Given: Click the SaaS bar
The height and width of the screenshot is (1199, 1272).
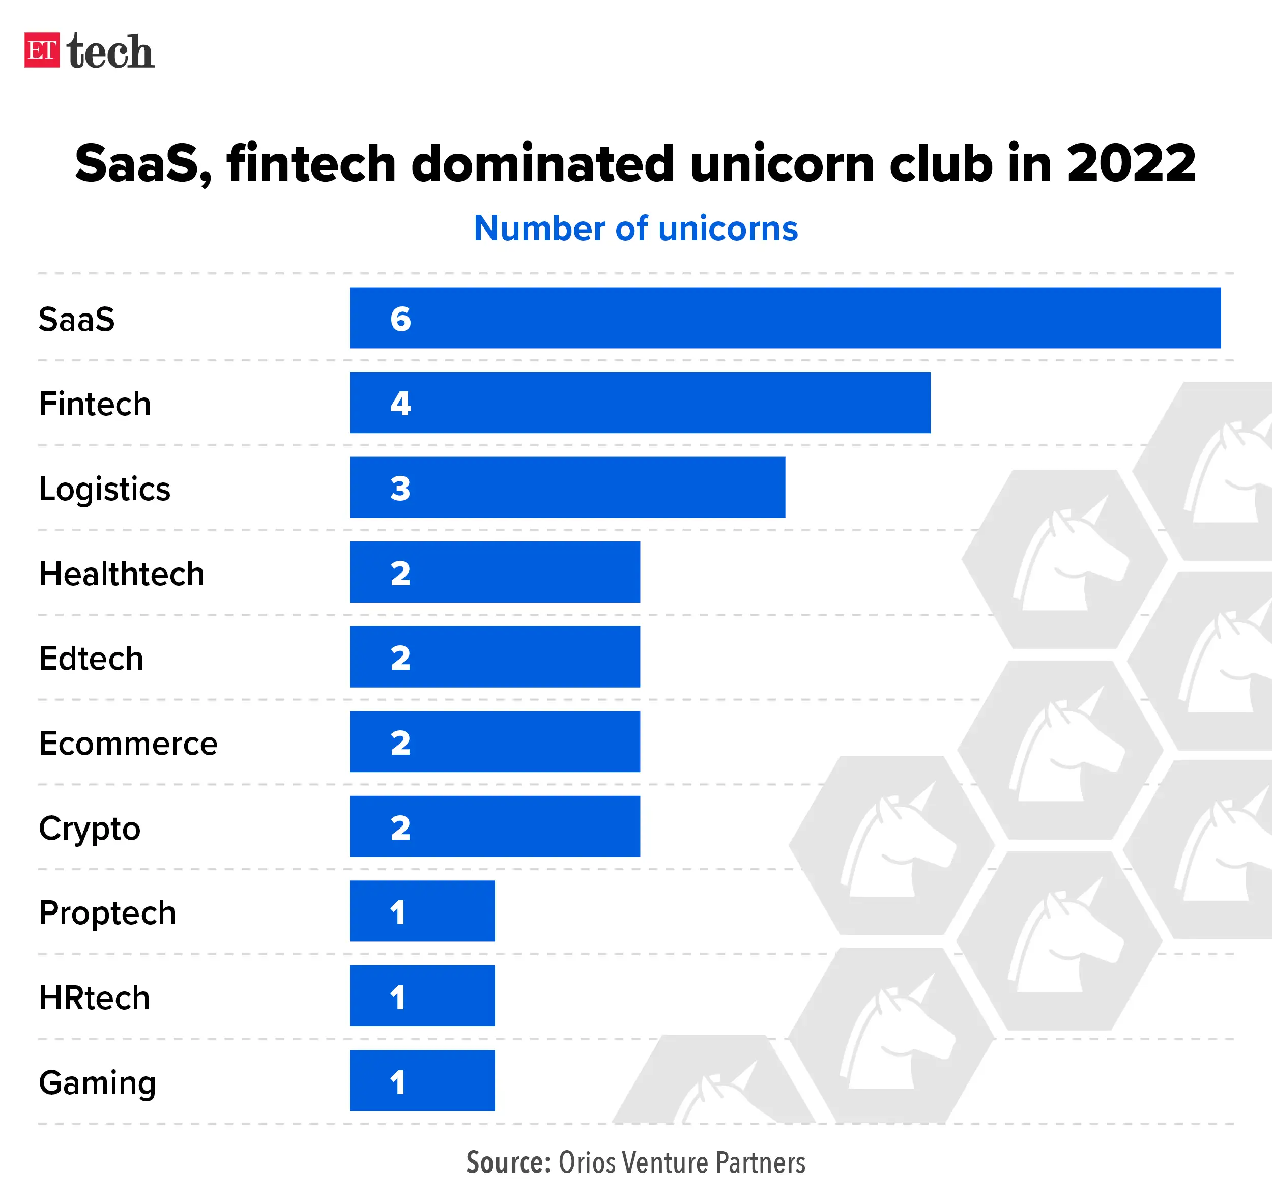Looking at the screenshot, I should click(785, 318).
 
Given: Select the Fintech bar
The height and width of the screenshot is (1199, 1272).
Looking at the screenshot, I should click(640, 402).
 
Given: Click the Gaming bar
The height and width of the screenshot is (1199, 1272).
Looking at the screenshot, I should click(422, 1080).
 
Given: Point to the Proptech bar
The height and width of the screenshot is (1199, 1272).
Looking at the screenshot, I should click(422, 911).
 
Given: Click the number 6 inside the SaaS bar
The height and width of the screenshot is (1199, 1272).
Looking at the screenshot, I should click(400, 318).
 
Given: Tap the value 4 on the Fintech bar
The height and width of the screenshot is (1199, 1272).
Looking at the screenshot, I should click(400, 403).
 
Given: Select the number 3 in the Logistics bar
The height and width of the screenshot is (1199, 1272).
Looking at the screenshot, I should click(400, 489).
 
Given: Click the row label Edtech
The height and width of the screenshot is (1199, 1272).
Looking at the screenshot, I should click(91, 658).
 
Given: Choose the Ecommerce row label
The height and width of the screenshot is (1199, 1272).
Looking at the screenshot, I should click(128, 743).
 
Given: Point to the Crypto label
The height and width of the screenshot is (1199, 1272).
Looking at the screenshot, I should click(90, 829).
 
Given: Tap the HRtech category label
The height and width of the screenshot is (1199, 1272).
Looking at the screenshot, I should click(94, 998).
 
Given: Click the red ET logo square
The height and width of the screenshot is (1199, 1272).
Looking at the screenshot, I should click(42, 50).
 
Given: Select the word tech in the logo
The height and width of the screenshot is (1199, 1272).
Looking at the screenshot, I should click(110, 51).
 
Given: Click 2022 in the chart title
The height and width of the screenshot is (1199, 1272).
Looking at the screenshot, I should click(1131, 163).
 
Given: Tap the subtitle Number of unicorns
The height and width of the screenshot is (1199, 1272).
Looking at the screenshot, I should click(635, 229).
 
